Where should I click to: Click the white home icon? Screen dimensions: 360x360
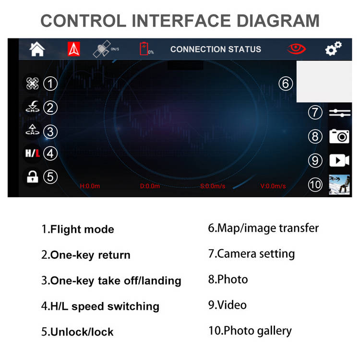(x=37, y=49)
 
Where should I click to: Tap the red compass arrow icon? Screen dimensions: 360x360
(x=74, y=49)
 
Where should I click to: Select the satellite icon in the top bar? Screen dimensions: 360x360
(x=102, y=48)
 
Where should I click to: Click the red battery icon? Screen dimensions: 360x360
(x=144, y=48)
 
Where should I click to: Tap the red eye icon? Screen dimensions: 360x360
(x=297, y=48)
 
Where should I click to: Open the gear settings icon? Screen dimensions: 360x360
(x=334, y=48)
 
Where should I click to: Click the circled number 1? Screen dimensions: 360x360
(x=50, y=84)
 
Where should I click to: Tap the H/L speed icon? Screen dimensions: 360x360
(x=32, y=153)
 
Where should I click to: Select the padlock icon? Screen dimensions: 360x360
(x=32, y=177)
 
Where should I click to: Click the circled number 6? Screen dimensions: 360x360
(x=286, y=84)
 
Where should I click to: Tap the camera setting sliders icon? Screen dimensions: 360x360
(x=339, y=113)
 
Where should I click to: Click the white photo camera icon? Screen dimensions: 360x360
(x=339, y=136)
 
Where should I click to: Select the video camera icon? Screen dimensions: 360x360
(x=339, y=160)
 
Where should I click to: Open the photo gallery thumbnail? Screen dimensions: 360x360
(x=339, y=185)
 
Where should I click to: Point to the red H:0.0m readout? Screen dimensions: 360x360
(x=90, y=186)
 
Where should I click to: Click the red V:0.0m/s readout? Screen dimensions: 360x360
(x=273, y=186)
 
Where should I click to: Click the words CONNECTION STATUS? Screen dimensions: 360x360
(x=216, y=49)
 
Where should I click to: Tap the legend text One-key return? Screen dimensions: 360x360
(x=90, y=255)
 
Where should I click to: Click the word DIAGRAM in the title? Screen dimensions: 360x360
(x=278, y=21)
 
